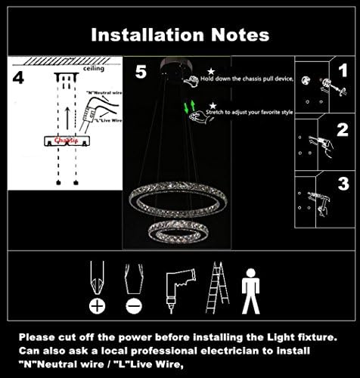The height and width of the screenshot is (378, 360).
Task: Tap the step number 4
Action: point(18,78)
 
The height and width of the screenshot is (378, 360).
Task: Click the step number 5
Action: point(140,73)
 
